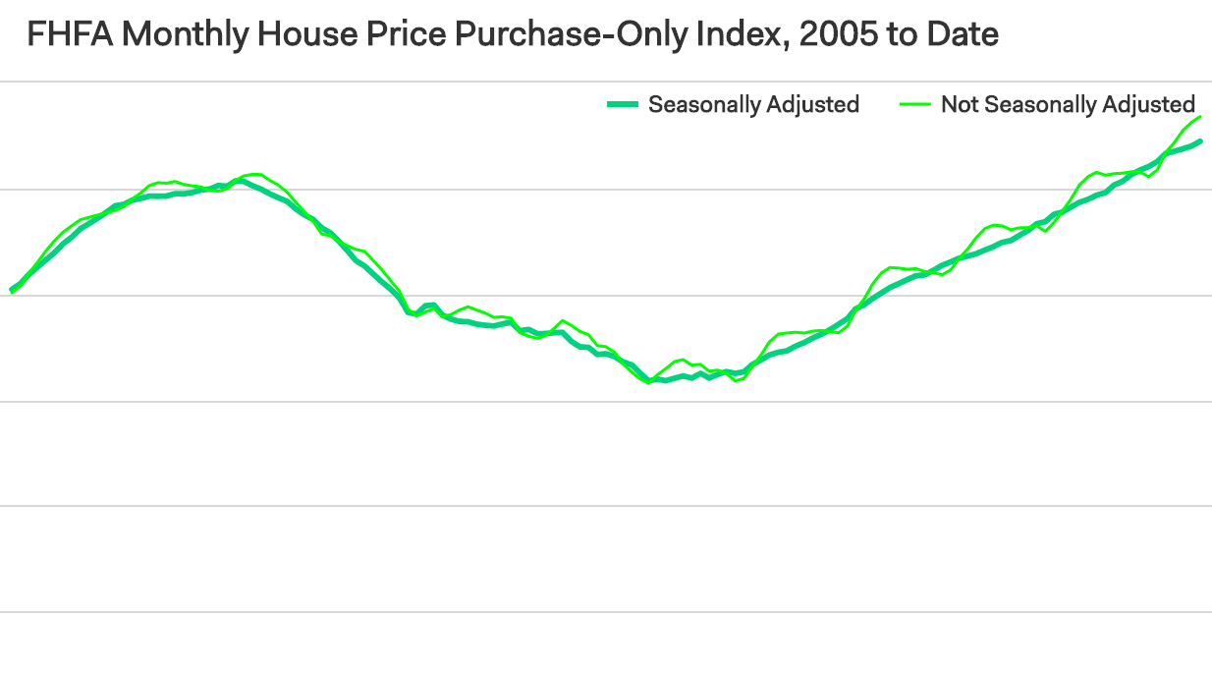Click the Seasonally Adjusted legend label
[753, 104]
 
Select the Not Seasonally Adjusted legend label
[1068, 104]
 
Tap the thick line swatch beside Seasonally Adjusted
[623, 104]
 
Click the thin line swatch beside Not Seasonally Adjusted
[915, 104]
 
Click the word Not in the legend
[959, 104]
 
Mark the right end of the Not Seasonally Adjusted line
[1200, 117]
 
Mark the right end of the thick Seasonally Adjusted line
[1200, 141]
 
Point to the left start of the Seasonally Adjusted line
[12, 290]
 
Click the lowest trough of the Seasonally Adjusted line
[650, 380]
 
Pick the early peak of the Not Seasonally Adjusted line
[255, 174]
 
